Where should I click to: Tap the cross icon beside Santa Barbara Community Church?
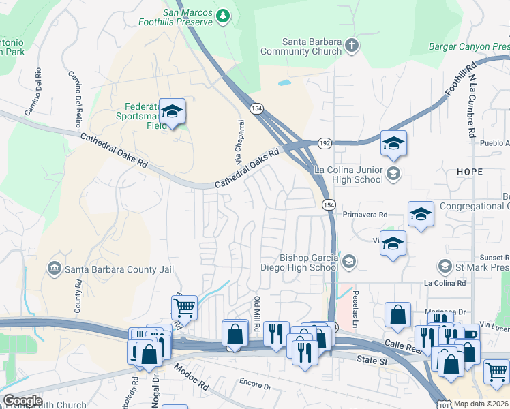352,46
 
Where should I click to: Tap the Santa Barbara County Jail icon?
53,269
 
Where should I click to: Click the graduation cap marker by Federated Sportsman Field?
172,111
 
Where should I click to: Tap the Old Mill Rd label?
258,314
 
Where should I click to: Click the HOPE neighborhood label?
470,172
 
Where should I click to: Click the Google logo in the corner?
22,401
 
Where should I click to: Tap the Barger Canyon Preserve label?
469,46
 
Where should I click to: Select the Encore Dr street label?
256,385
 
